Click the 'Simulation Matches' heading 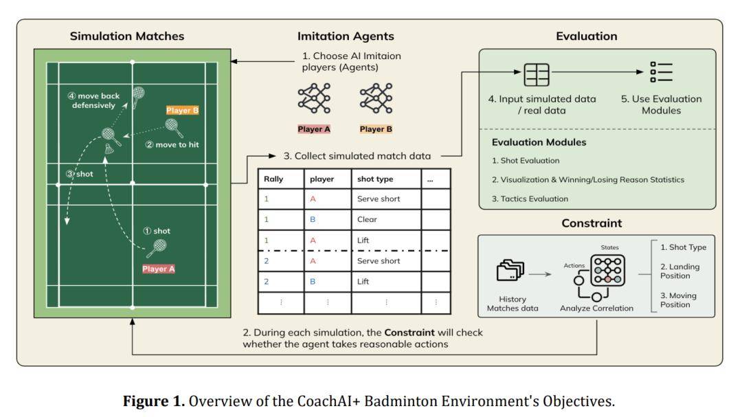coord(127,36)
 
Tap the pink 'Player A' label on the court coord(159,269)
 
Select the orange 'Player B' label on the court coord(182,111)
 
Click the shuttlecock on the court coord(109,148)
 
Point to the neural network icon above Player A coord(314,98)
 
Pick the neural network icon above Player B coord(376,98)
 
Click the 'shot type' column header coord(375,179)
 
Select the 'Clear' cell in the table coord(367,219)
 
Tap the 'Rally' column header coord(273,179)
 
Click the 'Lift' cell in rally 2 coord(363,281)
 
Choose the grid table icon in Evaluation coord(537,74)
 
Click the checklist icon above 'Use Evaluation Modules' coord(661,72)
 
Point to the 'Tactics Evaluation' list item coord(530,199)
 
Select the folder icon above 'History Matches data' coord(510,270)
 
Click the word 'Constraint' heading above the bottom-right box coord(592,223)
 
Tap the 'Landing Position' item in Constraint coord(680,271)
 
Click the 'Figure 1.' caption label coord(154,401)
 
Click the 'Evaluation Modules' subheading coord(539,142)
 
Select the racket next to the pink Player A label coord(157,248)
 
